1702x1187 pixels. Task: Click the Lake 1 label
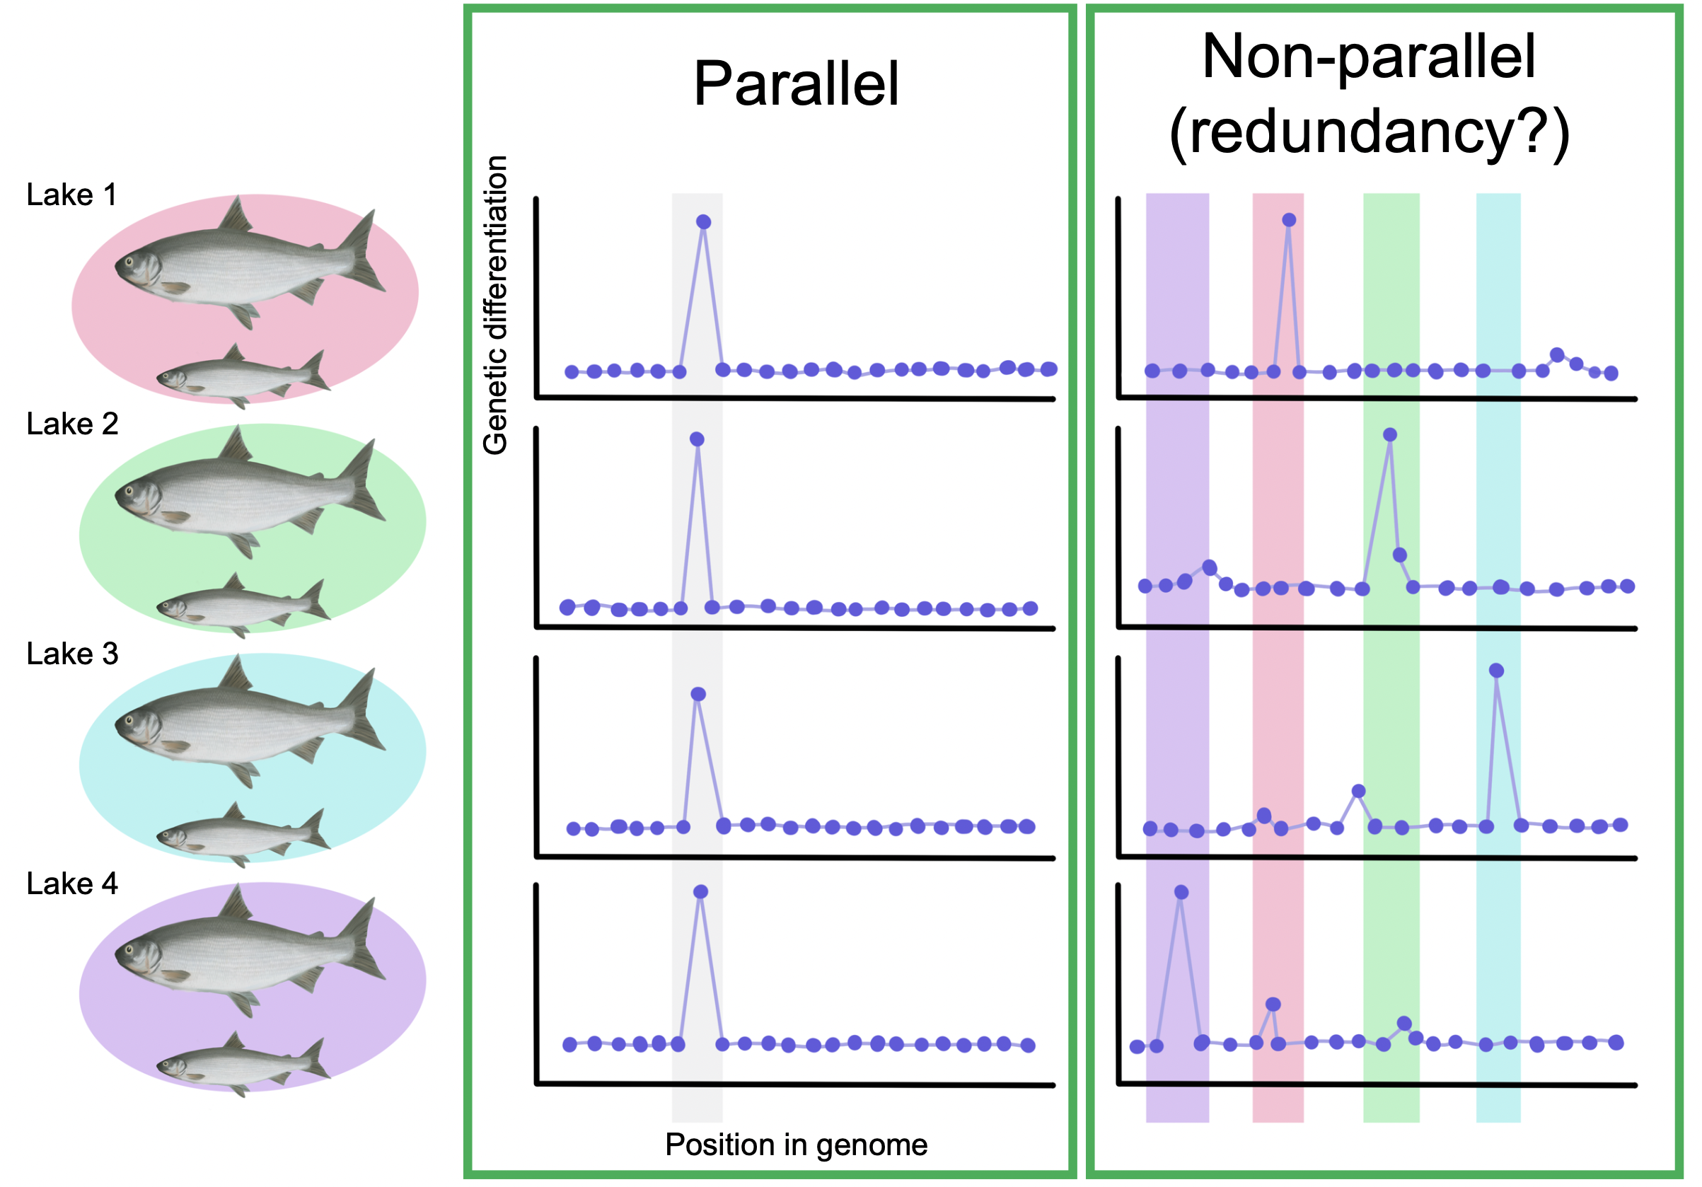(x=71, y=195)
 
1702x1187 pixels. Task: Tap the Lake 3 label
(x=72, y=654)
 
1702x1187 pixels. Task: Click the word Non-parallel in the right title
(x=1367, y=57)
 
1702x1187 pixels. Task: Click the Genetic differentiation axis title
(x=495, y=305)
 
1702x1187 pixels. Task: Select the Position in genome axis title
(x=795, y=1144)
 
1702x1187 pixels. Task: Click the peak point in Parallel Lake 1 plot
(x=703, y=221)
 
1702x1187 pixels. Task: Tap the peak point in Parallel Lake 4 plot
(x=700, y=891)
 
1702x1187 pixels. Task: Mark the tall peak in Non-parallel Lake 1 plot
(x=1288, y=219)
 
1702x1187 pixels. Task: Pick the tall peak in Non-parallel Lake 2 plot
(x=1390, y=434)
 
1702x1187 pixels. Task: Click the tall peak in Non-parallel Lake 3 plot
(x=1496, y=670)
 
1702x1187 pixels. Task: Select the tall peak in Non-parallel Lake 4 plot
(x=1181, y=892)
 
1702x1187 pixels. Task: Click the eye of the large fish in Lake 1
(x=128, y=262)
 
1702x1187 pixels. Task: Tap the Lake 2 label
(x=72, y=424)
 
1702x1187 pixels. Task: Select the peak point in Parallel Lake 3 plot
(x=697, y=694)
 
